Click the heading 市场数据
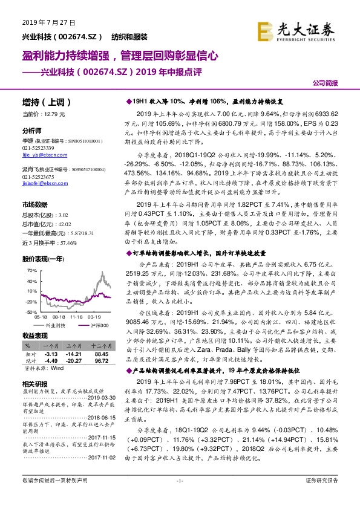click(35, 205)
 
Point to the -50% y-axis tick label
click(30, 312)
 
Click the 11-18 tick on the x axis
click(77, 316)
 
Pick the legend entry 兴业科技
click(56, 325)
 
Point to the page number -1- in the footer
click(179, 498)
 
